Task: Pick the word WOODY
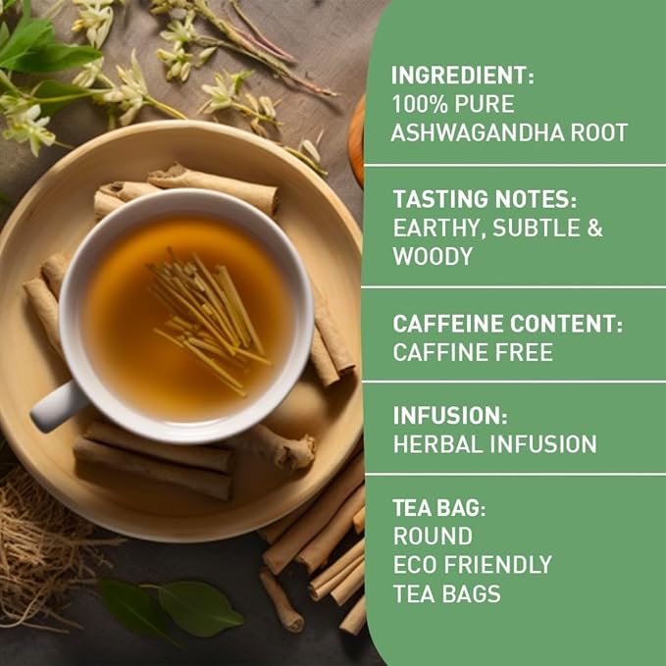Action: coord(433,257)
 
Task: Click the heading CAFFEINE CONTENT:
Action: coord(508,324)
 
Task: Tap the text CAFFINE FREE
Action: coord(473,352)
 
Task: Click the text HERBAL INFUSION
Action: coord(494,444)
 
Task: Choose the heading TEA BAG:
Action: coord(438,508)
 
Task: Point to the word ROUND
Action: coord(433,537)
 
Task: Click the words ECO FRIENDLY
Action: coord(473,565)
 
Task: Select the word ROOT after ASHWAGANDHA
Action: coord(596,132)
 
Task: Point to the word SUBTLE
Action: coord(537,228)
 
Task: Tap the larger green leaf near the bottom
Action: coord(200,608)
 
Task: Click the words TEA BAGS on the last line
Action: coord(446,593)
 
